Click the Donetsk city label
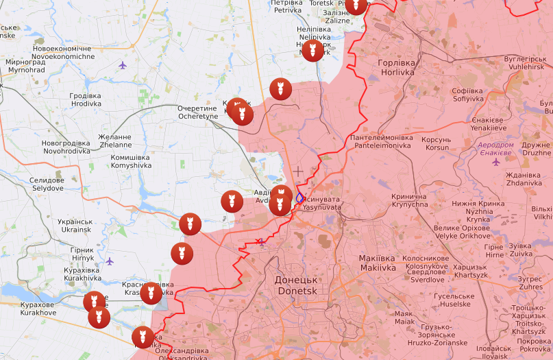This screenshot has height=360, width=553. [x=296, y=285]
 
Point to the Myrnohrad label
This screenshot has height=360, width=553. [x=25, y=66]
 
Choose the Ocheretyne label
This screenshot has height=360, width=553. [x=197, y=112]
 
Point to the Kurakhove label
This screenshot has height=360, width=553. [x=38, y=309]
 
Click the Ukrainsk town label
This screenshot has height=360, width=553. [x=75, y=226]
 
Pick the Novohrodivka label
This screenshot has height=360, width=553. [x=66, y=147]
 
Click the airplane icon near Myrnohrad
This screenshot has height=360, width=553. [x=123, y=66]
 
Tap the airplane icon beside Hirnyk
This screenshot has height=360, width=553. [x=110, y=261]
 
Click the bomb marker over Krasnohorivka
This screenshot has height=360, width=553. [x=151, y=293]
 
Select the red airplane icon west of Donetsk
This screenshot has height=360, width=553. [x=260, y=241]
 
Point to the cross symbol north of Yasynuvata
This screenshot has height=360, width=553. [x=298, y=170]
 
